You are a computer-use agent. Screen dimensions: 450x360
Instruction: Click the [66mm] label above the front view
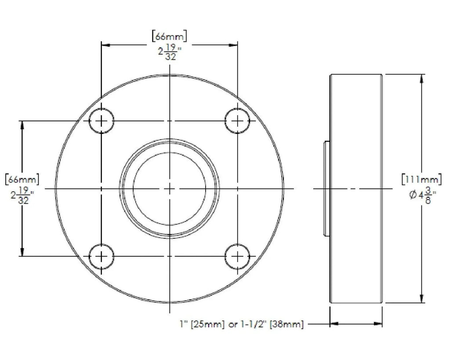(x=169, y=36)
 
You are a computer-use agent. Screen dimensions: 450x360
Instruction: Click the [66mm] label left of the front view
(x=22, y=179)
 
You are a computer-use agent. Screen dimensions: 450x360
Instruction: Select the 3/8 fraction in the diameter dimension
(x=428, y=195)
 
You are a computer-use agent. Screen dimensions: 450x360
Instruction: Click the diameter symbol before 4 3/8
(x=413, y=195)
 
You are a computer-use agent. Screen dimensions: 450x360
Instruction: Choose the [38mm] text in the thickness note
(x=287, y=324)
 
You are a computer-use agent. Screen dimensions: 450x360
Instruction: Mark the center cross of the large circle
(x=170, y=189)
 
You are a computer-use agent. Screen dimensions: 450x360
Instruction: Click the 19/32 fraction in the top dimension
(x=171, y=52)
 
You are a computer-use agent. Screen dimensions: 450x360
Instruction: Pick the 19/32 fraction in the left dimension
(x=23, y=196)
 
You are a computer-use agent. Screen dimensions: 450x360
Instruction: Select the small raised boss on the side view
(x=327, y=189)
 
